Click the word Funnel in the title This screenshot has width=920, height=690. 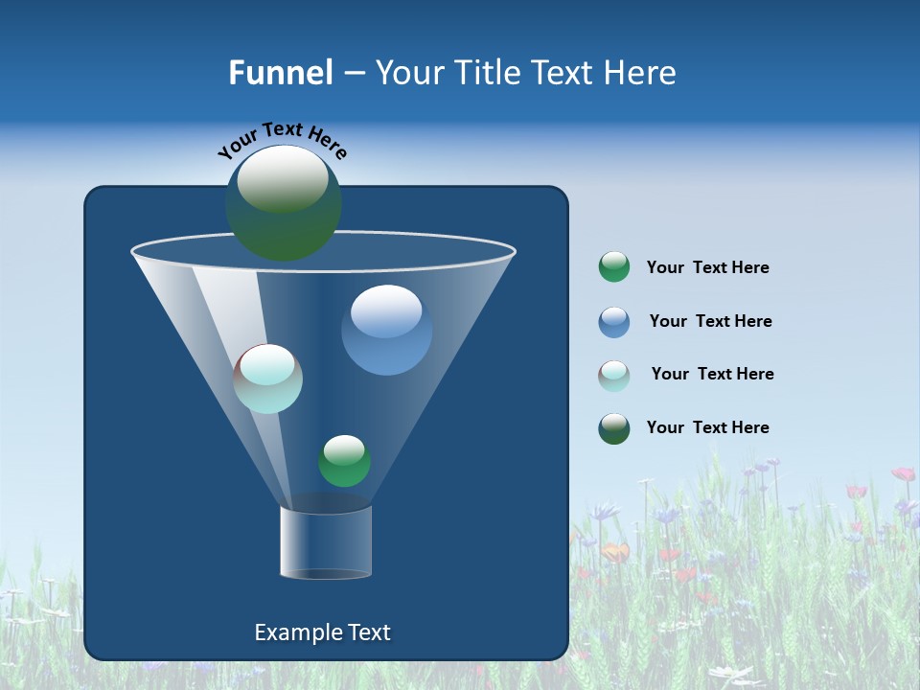point(281,73)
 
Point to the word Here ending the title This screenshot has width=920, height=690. point(641,73)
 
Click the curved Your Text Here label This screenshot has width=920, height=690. point(282,140)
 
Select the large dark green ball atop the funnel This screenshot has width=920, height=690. point(284,203)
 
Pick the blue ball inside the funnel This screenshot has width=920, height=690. point(387,330)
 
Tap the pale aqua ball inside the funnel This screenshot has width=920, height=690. point(268,379)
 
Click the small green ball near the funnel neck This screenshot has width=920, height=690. point(344,461)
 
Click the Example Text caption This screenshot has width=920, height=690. point(323,632)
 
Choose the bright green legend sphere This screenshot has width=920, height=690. point(614,267)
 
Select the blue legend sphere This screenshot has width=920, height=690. point(614,322)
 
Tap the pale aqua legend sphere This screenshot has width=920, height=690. point(614,376)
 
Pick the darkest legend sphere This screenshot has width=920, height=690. point(614,428)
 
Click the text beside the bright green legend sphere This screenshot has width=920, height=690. point(707,268)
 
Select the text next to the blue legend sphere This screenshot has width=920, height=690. point(710,322)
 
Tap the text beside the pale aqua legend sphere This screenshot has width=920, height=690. point(712,375)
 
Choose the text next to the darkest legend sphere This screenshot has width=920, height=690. point(707,428)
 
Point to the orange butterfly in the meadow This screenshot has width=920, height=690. point(615,552)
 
